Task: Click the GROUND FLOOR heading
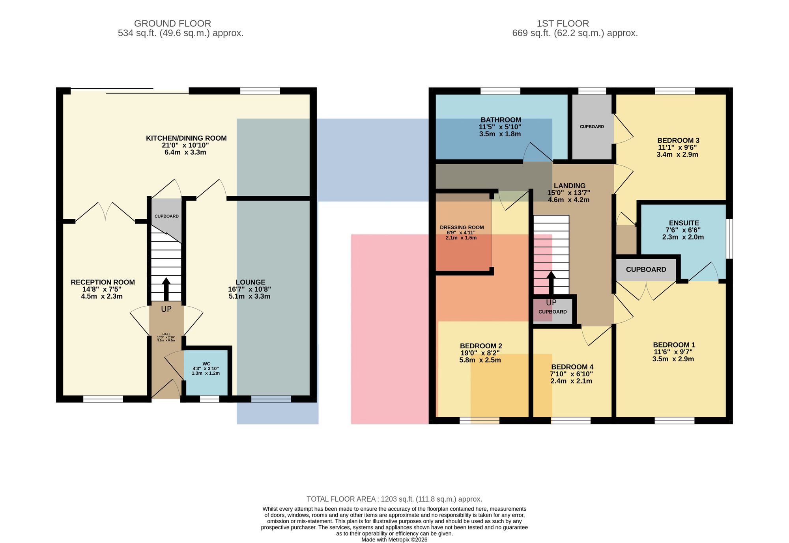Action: (x=172, y=24)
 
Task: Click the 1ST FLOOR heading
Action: (x=563, y=24)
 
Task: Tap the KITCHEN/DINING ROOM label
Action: (x=186, y=138)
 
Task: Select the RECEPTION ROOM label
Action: (x=103, y=282)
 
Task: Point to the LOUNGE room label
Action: (x=251, y=282)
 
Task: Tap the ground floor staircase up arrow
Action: (x=166, y=290)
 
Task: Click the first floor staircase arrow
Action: (x=551, y=283)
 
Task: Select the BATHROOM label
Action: (x=501, y=120)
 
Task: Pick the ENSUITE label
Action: (x=684, y=223)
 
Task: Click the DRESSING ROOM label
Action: (x=462, y=227)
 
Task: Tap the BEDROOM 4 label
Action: (x=572, y=367)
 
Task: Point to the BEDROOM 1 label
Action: (x=674, y=345)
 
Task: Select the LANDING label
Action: (x=570, y=186)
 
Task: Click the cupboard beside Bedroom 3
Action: (x=592, y=126)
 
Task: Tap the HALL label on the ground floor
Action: (x=166, y=334)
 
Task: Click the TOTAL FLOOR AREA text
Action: (x=394, y=499)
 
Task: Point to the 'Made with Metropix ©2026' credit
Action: (x=394, y=540)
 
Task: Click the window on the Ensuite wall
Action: (x=729, y=239)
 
